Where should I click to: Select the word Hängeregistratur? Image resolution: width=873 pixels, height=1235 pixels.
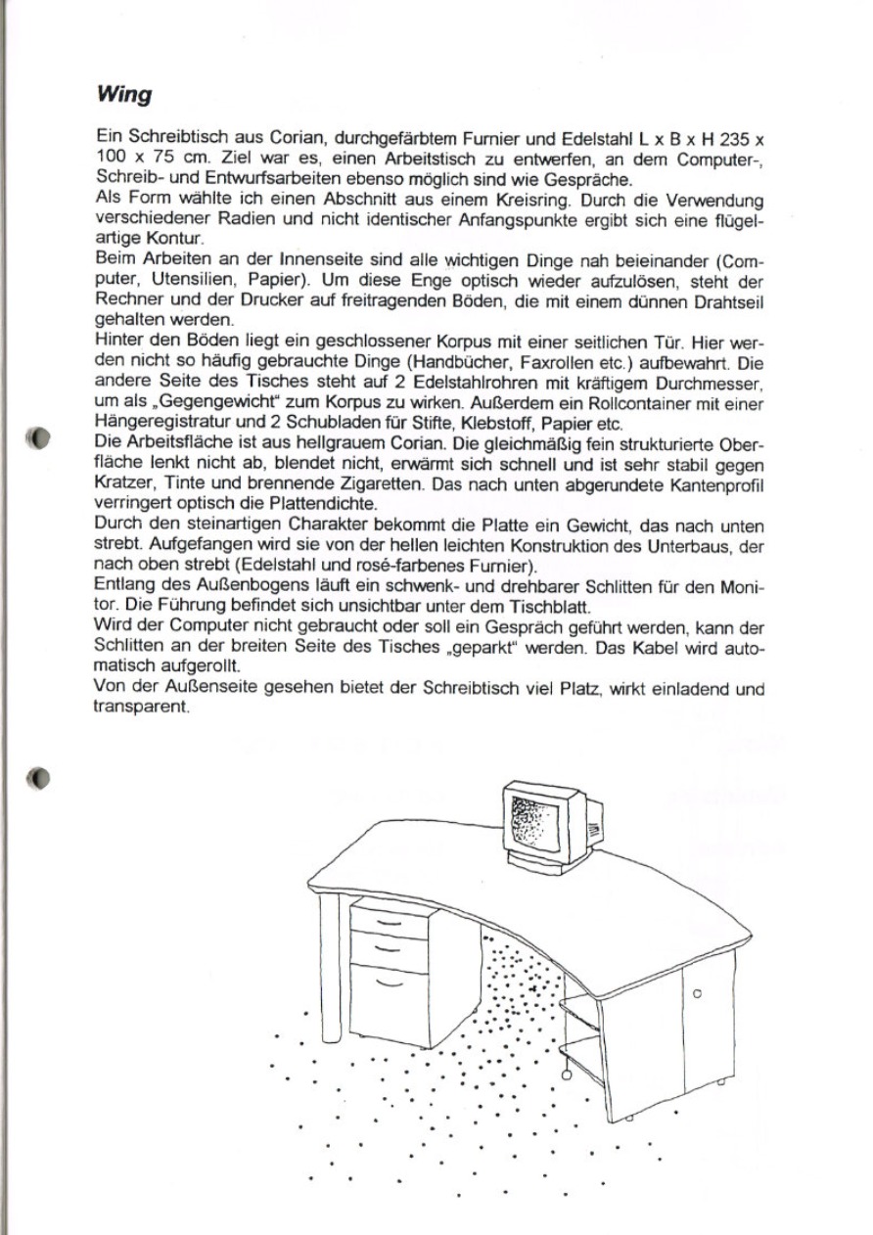(156, 422)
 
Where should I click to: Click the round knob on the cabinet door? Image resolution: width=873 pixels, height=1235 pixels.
(697, 993)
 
